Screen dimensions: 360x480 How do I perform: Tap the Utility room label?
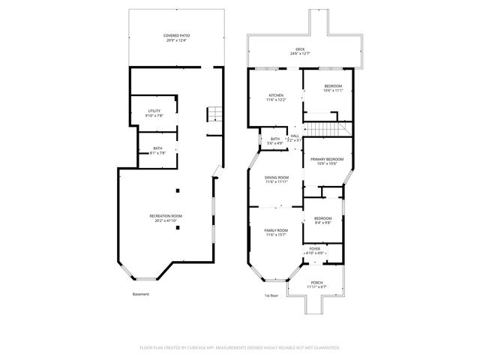click(153, 112)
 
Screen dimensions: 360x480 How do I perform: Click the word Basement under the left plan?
click(140, 294)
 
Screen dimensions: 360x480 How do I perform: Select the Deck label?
click(300, 52)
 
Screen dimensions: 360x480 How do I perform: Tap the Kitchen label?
click(276, 97)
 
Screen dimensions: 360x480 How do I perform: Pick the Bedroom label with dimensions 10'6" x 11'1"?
click(333, 88)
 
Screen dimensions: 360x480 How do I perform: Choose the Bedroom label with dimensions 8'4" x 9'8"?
click(322, 220)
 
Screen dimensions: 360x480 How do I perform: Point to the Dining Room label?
click(276, 179)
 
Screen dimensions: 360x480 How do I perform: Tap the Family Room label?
click(276, 232)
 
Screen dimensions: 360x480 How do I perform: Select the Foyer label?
click(315, 250)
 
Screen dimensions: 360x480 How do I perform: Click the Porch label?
click(317, 284)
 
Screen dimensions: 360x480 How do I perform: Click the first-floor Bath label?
click(275, 140)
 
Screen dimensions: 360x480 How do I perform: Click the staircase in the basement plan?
click(215, 115)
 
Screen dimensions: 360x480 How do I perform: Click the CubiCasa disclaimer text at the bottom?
click(240, 347)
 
